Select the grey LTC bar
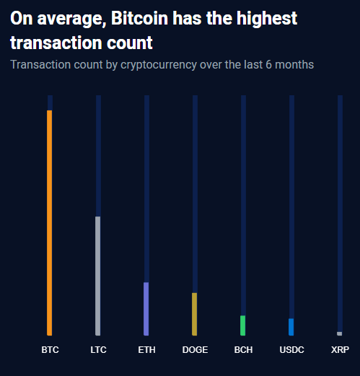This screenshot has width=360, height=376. (98, 276)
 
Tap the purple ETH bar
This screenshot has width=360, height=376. (146, 308)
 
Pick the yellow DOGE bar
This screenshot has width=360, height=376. (195, 314)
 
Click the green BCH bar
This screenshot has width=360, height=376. (243, 325)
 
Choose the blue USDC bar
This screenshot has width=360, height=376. (291, 327)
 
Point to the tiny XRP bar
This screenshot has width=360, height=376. (340, 333)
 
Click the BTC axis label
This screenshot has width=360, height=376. (50, 350)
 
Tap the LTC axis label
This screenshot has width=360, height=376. (98, 350)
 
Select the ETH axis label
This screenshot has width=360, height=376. (146, 350)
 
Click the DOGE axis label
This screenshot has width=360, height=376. (195, 350)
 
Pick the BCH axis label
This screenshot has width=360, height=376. (243, 350)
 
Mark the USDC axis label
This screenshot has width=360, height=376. (291, 350)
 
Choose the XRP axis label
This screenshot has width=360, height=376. (340, 350)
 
